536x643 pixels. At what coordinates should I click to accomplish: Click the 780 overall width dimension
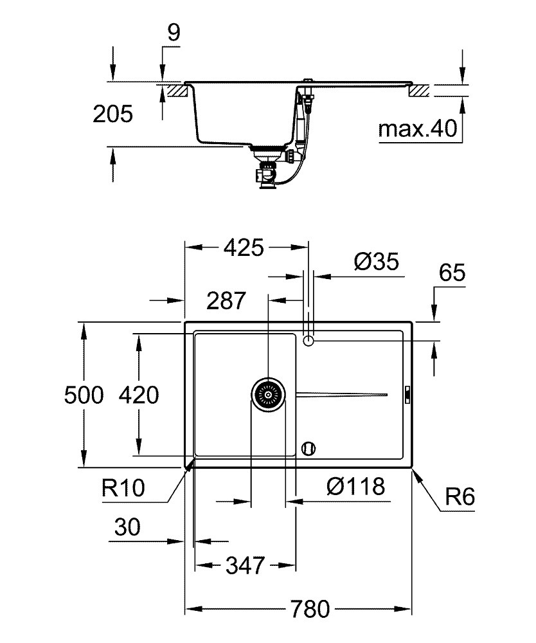coord(310,609)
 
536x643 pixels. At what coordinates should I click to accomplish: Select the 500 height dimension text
coord(84,395)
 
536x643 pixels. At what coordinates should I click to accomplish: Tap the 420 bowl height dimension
coord(139,395)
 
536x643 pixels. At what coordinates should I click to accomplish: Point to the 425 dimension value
coord(244,248)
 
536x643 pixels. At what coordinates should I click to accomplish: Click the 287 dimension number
coord(226,300)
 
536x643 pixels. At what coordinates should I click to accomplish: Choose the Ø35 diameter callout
coord(376,261)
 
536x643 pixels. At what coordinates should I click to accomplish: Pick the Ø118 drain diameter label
coord(355,486)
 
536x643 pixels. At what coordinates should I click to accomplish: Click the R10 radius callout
coord(123,488)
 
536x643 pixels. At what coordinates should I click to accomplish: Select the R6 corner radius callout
coord(460,497)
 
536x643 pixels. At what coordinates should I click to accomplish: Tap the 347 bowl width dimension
coord(245,565)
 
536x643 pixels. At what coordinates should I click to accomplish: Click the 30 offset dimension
coord(127,527)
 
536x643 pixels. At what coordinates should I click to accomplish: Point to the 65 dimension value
coord(452,273)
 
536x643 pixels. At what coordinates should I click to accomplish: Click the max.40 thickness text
coord(418,129)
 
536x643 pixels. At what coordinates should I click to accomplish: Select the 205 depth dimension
coord(112,114)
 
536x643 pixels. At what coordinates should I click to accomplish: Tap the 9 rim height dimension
coord(174,32)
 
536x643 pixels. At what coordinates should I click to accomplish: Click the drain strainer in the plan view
coord(268,395)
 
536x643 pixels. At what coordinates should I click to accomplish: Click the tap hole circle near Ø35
coord(308,340)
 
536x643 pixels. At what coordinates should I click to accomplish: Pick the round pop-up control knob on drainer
coord(308,448)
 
